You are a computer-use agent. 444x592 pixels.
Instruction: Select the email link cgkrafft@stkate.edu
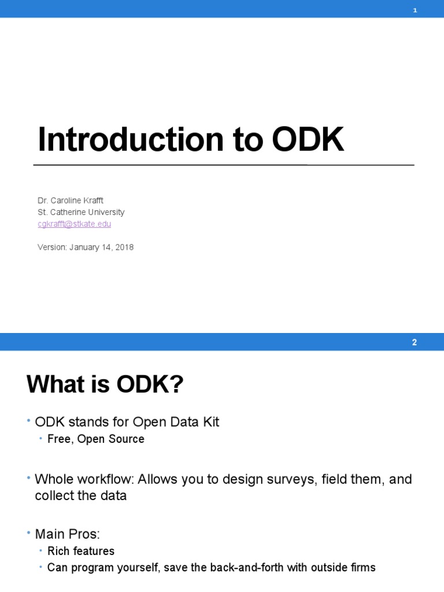[74, 224]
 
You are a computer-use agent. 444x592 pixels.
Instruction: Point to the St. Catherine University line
[81, 212]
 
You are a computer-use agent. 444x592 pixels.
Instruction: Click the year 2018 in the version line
[124, 247]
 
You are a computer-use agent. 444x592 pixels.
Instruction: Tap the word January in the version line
[87, 247]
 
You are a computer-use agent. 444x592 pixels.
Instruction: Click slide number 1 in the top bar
[415, 9]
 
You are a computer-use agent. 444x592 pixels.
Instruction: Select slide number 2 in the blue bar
[415, 342]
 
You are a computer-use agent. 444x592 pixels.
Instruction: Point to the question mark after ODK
[177, 385]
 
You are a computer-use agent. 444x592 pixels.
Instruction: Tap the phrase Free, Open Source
[96, 439]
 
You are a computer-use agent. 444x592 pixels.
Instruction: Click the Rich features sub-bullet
[81, 551]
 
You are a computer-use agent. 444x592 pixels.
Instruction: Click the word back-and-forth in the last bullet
[230, 567]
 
